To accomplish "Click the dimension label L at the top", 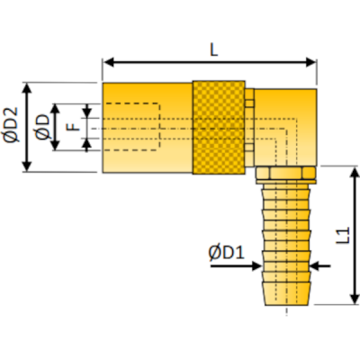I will pos(213,50).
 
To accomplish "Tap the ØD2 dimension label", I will pos(12,127).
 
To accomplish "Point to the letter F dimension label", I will pos(73,127).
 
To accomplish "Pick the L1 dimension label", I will pos(343,236).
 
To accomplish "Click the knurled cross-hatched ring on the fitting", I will pos(220,127).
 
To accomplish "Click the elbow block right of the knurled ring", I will pos(285,126).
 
